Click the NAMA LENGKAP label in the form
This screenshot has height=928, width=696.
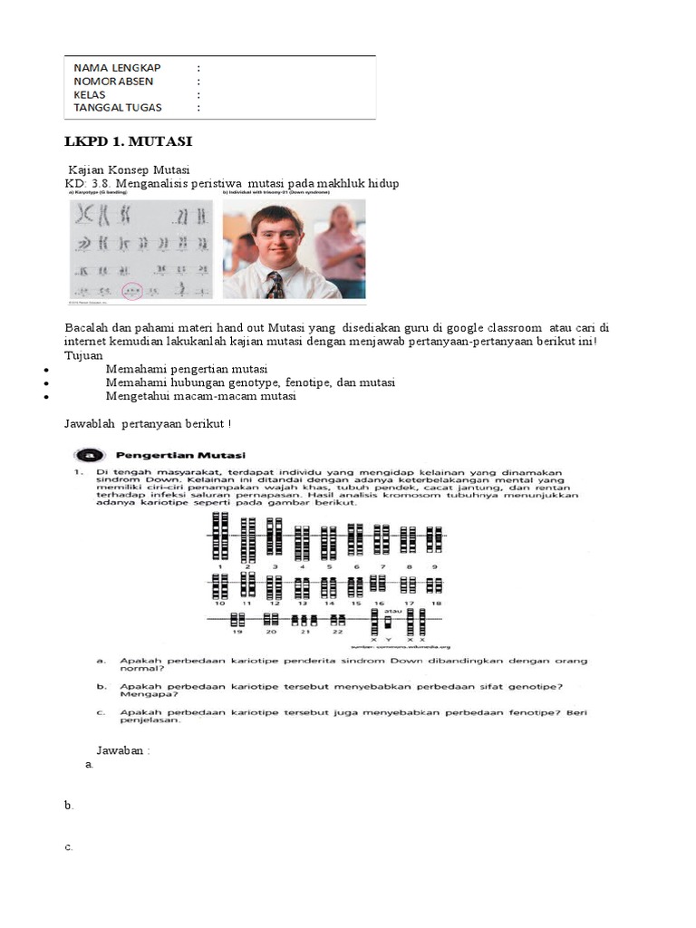click(117, 68)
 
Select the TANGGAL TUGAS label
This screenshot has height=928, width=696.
click(118, 107)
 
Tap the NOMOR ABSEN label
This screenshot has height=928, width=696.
click(114, 81)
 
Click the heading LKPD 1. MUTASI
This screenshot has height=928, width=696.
click(128, 142)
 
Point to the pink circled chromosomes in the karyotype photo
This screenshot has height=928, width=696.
click(133, 291)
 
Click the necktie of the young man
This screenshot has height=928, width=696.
click(275, 285)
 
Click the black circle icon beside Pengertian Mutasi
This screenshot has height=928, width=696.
click(87, 454)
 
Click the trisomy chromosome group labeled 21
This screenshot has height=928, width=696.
click(304, 620)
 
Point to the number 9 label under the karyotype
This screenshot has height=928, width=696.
click(436, 565)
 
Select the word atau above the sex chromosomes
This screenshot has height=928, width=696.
click(390, 611)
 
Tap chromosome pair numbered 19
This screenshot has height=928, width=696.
click(237, 620)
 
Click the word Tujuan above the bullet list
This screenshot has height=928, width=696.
click(83, 355)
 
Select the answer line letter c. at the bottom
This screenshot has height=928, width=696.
click(69, 847)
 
